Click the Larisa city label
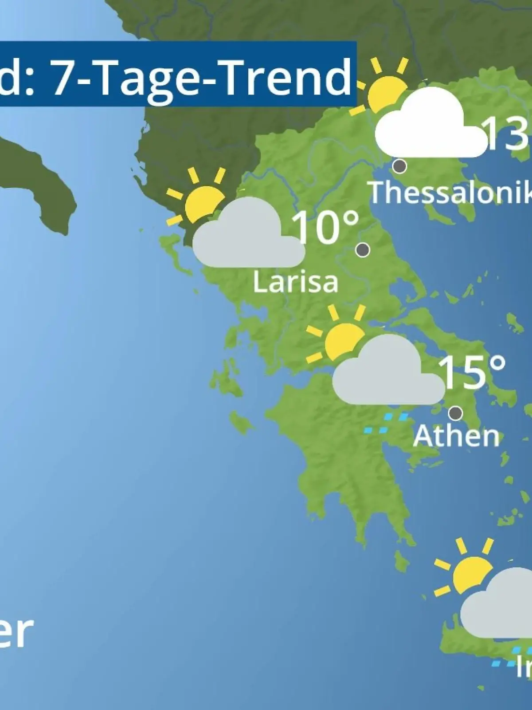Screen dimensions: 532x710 (295, 282)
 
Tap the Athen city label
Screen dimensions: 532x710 (456, 436)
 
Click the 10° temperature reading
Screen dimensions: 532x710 (325, 227)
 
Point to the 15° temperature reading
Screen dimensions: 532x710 (472, 372)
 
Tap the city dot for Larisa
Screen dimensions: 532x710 (363, 250)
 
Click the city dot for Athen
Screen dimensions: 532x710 (455, 413)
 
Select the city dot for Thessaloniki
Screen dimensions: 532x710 (400, 166)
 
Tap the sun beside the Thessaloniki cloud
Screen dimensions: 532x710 (383, 91)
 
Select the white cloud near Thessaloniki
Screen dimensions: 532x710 (428, 126)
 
